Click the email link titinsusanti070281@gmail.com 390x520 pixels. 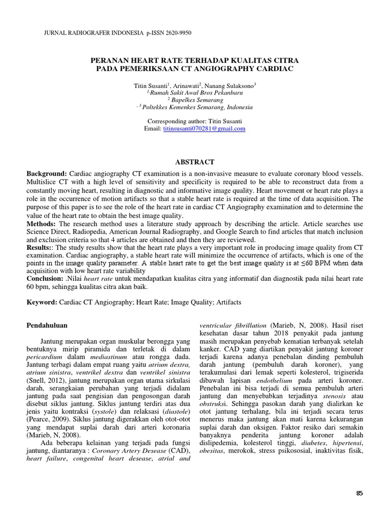coord(204,129)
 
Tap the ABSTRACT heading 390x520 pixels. coord(195,162)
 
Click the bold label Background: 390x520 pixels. coord(47,174)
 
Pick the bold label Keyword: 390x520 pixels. coord(43,302)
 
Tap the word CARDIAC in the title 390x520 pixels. coord(276,68)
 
